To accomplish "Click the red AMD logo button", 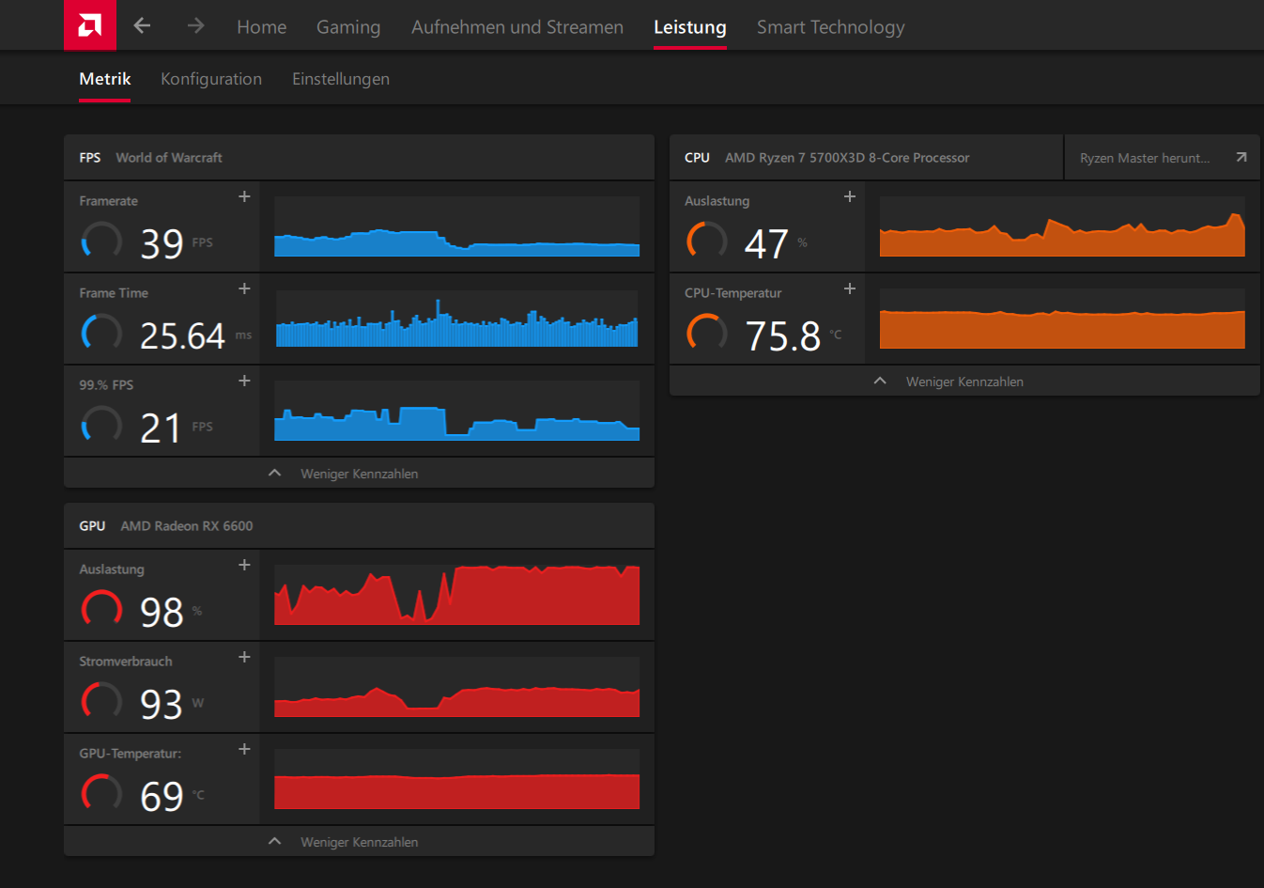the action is [90, 25].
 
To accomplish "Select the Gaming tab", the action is [348, 27].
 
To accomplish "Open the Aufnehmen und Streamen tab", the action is [516, 27].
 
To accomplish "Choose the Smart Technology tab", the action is [831, 27].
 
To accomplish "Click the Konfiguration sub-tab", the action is [211, 79].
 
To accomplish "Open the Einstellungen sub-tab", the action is [341, 79].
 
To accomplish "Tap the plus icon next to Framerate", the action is [244, 196].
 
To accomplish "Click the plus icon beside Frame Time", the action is [244, 288].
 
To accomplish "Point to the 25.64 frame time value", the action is [182, 335].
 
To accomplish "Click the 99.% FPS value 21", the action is [161, 428].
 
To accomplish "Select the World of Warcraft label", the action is [169, 158].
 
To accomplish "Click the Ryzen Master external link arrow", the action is [1241, 157].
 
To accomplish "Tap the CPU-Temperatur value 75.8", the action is [782, 335].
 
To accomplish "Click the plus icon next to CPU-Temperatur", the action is [850, 288].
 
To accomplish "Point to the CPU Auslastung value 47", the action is [765, 244].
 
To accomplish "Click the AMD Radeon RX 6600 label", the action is [187, 526].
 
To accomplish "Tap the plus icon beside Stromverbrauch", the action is [244, 657].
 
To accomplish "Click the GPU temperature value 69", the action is [162, 797].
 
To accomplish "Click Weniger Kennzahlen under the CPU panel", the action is [964, 382].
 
